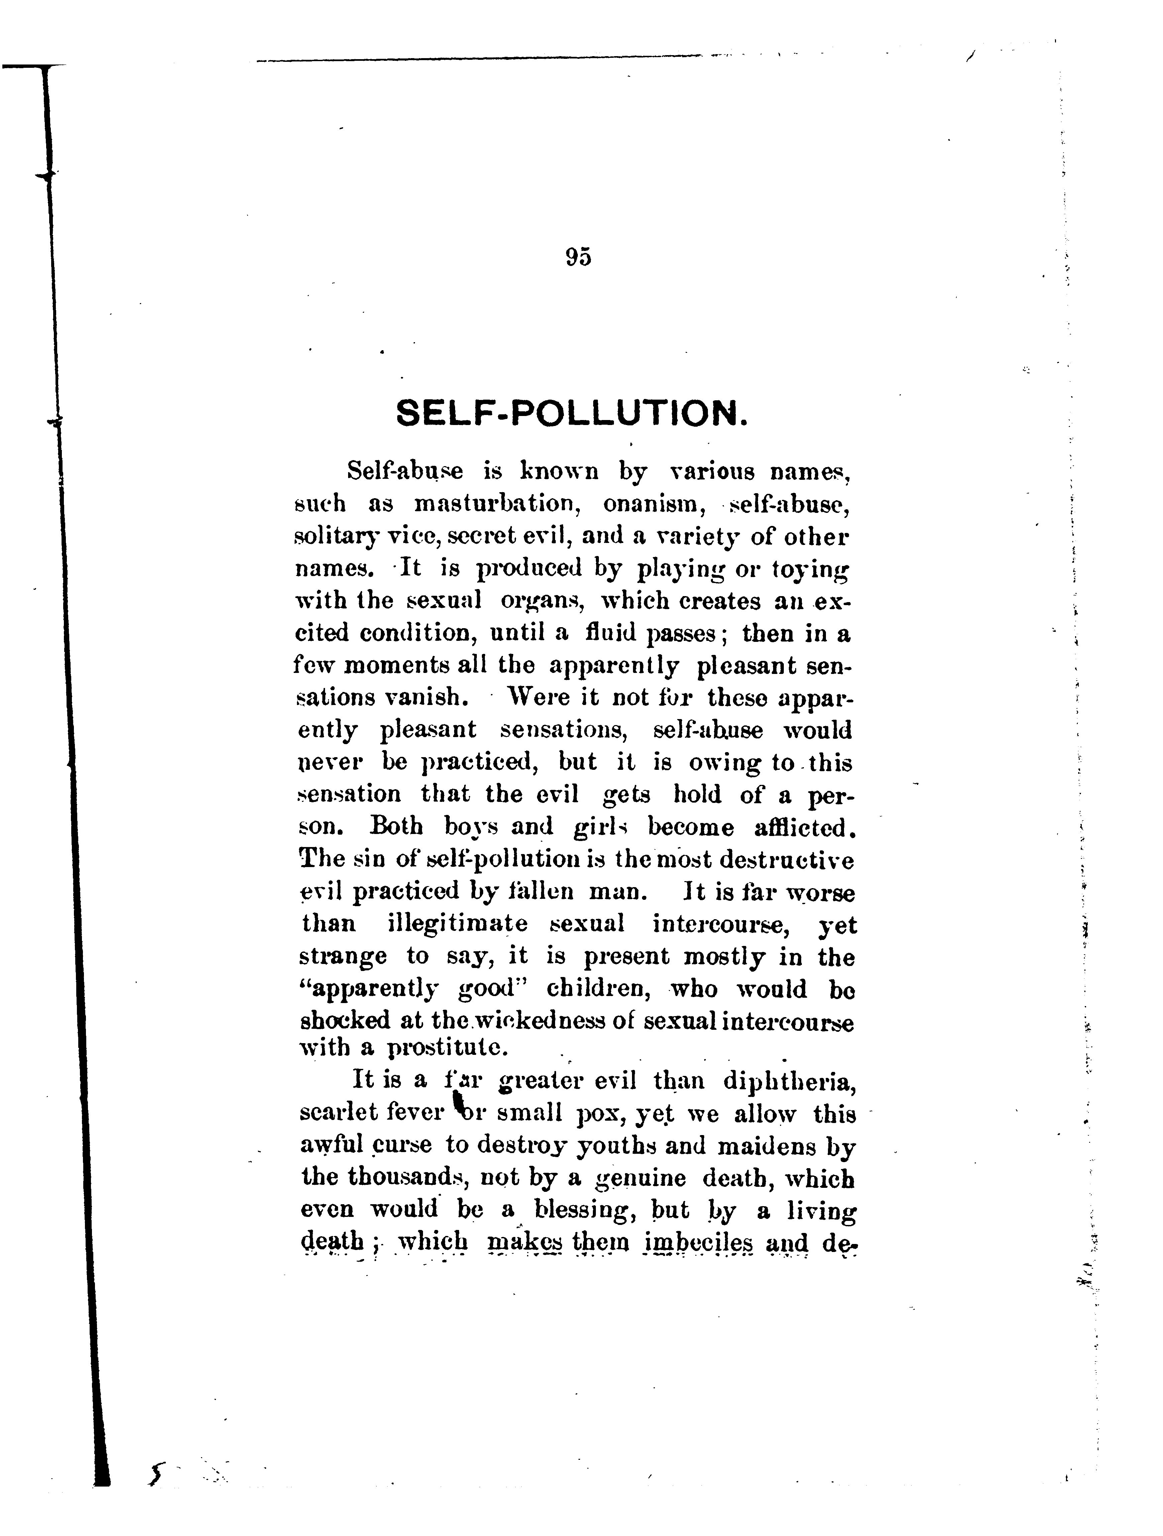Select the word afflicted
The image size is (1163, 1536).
tap(803, 828)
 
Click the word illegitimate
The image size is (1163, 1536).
tap(457, 924)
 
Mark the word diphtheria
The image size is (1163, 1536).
tap(788, 1081)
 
